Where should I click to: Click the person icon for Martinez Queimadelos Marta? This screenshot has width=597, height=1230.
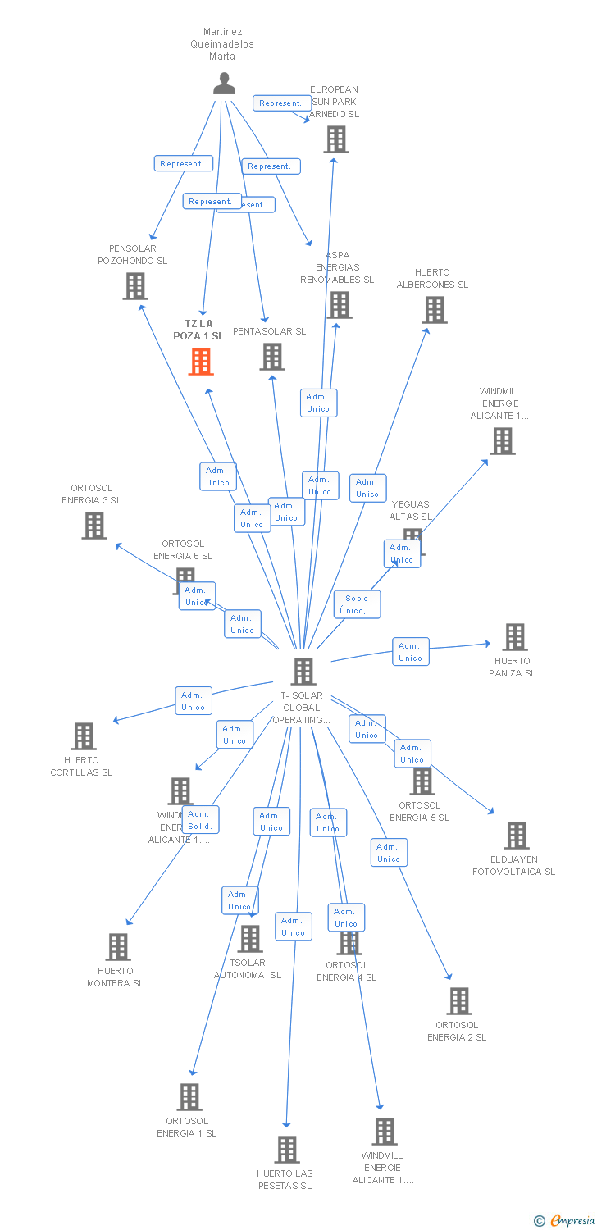pos(223,83)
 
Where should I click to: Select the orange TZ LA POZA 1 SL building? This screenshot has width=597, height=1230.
pos(201,362)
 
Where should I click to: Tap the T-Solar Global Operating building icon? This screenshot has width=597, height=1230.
pos(303,671)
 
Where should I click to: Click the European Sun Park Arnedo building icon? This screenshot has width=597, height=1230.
pos(335,139)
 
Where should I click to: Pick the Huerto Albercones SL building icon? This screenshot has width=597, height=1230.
pos(435,310)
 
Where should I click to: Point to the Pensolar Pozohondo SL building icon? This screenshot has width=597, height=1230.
pos(135,286)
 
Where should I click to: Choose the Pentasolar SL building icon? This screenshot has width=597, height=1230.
pos(272,357)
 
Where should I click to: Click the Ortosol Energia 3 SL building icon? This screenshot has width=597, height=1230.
pos(94,526)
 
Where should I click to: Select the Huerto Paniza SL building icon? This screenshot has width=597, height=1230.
pos(514,637)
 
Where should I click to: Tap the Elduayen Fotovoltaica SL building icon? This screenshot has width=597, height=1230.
pos(516,836)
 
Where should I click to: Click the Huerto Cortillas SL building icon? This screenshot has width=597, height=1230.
pos(84,736)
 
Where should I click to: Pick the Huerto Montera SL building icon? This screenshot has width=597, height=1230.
pos(118,947)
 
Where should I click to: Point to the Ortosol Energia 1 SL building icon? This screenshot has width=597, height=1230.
pos(189,1097)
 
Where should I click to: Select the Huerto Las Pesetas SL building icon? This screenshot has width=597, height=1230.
pos(286,1150)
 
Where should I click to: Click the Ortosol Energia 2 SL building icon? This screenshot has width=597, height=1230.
pos(458,1001)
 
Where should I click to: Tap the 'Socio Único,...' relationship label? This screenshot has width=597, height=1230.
pos(357,604)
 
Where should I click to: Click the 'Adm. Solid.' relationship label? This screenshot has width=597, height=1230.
pos(201,819)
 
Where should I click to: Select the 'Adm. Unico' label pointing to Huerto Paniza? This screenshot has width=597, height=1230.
pos(410,652)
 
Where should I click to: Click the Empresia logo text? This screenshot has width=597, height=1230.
pos(572,1221)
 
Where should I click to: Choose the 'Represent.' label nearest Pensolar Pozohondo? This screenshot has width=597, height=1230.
pos(183,163)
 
